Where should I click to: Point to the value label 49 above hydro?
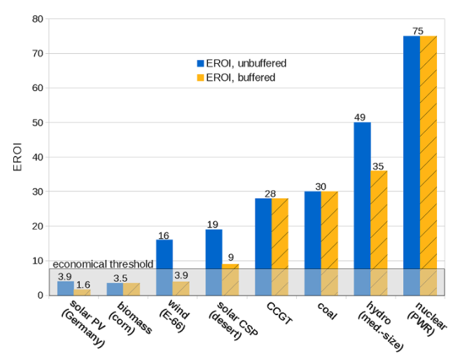pos(362,117)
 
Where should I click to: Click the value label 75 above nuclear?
pos(419,31)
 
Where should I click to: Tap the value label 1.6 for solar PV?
pos(83,284)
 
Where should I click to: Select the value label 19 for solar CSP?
pos(214,224)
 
